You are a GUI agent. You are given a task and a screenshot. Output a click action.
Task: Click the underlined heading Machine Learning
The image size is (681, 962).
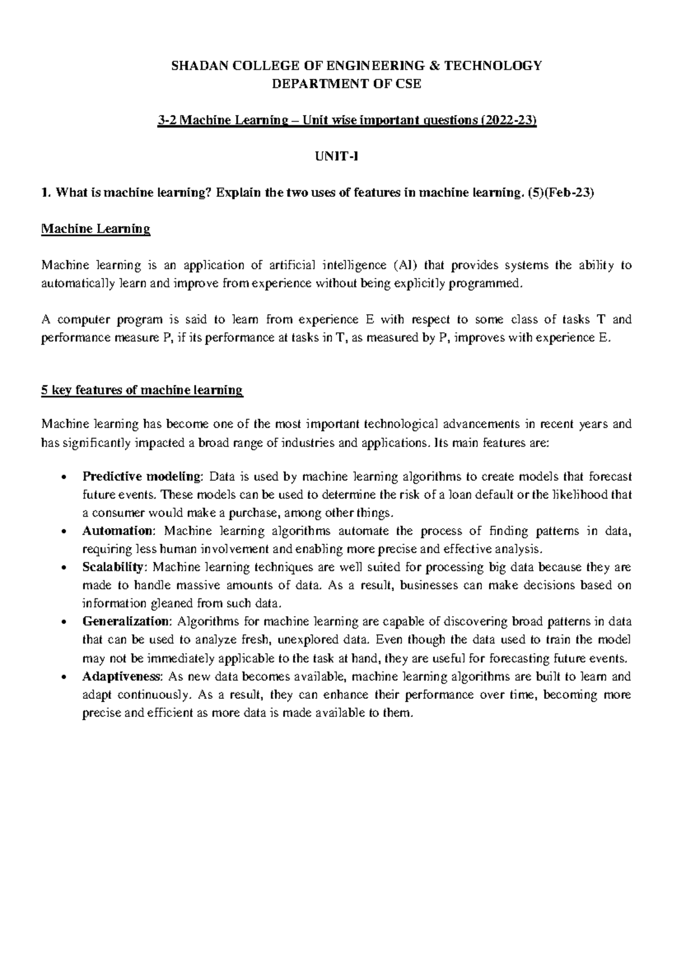[x=96, y=229]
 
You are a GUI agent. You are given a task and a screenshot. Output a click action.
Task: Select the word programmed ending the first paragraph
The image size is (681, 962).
[x=484, y=284]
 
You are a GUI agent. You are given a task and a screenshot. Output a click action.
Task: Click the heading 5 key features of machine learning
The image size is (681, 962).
[x=142, y=390]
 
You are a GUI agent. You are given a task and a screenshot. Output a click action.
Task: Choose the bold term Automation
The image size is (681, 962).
[x=117, y=531]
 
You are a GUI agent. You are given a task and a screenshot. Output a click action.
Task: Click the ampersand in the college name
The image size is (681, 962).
[x=435, y=66]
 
